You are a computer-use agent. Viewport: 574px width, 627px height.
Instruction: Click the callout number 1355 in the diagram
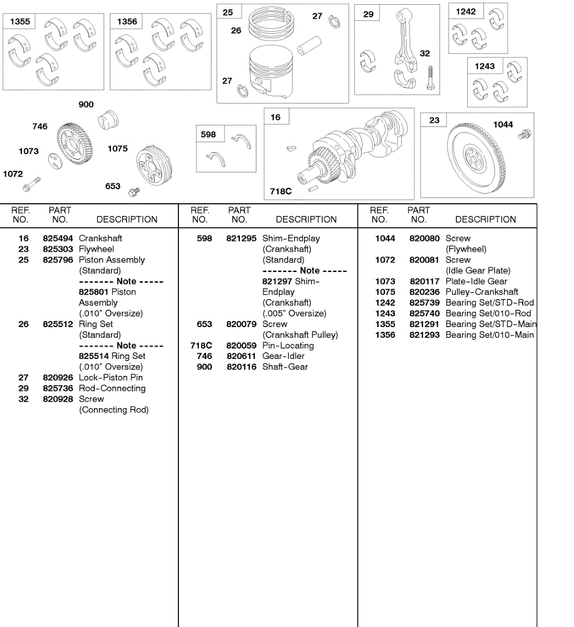(20, 21)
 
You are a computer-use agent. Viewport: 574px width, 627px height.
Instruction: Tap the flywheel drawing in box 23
(477, 156)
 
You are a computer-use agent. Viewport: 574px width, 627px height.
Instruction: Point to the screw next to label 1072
(32, 184)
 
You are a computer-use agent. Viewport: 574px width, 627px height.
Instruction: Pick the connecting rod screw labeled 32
(430, 78)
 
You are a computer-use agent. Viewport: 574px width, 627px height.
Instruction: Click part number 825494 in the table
(58, 238)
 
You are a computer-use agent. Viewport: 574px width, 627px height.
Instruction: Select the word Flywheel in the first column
(96, 249)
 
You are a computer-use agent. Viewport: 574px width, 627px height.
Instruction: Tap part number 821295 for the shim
(241, 238)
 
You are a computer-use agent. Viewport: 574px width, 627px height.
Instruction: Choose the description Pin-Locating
(288, 345)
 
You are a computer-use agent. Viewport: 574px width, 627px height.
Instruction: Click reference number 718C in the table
(201, 345)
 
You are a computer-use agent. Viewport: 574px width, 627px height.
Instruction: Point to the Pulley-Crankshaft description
(481, 292)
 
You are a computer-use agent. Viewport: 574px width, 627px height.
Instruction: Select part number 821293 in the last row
(424, 335)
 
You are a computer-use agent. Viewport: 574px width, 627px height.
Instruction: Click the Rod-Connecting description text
(112, 388)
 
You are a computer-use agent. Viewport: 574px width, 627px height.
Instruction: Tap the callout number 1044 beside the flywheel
(503, 124)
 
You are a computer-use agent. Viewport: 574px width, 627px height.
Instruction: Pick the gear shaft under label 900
(108, 120)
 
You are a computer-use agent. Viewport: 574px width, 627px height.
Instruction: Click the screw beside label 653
(134, 192)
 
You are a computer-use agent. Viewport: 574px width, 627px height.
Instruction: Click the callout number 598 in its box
(208, 134)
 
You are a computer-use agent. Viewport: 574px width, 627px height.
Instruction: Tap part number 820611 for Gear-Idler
(241, 356)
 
